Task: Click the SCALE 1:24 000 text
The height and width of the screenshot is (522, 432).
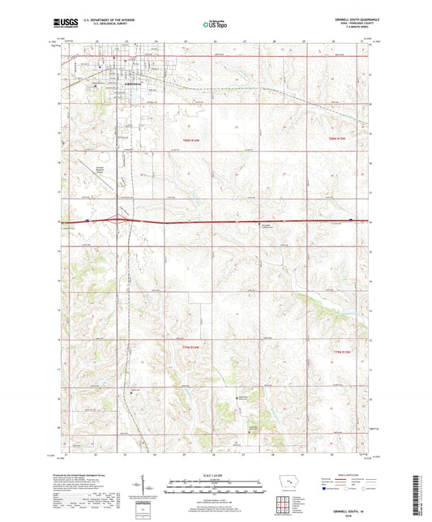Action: tap(216, 474)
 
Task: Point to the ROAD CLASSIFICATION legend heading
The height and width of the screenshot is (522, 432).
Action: tap(349, 474)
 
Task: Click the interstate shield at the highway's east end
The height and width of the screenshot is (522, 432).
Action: tap(349, 219)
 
